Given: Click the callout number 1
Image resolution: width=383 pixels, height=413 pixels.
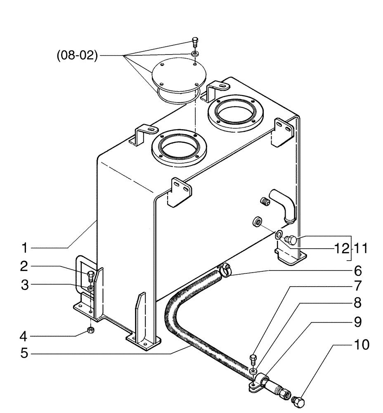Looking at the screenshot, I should [25, 248].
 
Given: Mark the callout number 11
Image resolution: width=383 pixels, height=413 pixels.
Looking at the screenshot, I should [360, 249].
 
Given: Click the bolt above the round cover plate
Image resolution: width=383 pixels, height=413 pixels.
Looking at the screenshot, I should [195, 41].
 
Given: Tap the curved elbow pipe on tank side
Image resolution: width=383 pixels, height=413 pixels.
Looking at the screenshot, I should [284, 204].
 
